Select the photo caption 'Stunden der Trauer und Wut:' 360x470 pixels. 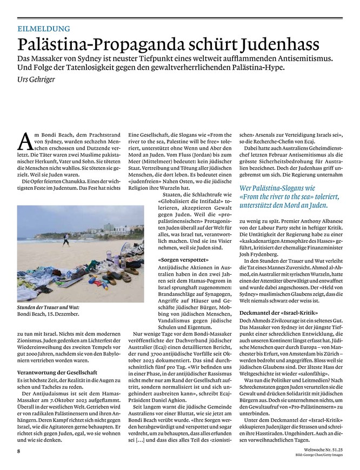tap(48, 307)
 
